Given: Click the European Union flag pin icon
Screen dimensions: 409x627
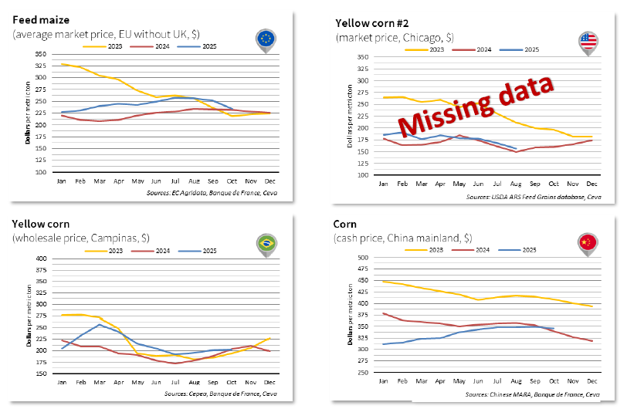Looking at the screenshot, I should click(266, 39).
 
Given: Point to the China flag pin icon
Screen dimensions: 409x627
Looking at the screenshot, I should click(588, 242).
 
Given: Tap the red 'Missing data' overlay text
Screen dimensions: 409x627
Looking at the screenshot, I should click(476, 105).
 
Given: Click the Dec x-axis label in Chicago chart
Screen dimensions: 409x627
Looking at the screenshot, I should click(591, 183).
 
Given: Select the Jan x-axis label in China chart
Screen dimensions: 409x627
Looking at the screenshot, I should click(383, 381).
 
